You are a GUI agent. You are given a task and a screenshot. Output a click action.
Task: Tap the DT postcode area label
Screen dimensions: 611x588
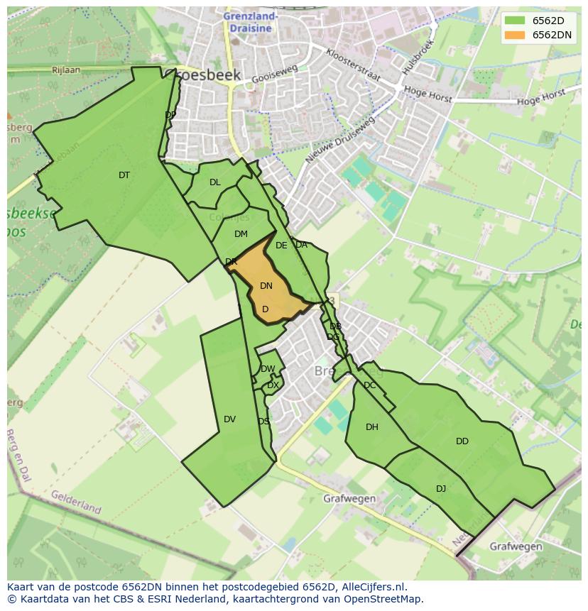[x=124, y=175]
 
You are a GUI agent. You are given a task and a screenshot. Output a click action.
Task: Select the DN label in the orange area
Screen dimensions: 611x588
[x=266, y=286]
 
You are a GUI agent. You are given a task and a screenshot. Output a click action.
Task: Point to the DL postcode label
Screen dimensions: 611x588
[x=215, y=182]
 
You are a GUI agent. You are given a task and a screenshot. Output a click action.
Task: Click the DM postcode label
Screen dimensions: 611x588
[x=241, y=234]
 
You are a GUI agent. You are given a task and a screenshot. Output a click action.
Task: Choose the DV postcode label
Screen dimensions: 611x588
[x=229, y=419]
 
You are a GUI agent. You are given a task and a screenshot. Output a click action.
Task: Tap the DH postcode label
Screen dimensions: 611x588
[x=372, y=427]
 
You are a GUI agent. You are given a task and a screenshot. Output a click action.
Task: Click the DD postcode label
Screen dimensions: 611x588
[x=462, y=441]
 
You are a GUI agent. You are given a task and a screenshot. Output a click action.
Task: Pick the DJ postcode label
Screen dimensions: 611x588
[x=441, y=489]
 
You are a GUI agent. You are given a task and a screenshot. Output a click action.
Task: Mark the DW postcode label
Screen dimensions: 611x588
[x=268, y=369]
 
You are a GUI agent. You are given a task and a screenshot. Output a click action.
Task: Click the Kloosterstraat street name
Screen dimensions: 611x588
[x=354, y=65]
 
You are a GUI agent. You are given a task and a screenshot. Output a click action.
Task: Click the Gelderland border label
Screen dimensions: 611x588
[x=76, y=502]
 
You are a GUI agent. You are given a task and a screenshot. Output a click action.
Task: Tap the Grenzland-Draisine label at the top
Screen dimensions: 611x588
[x=250, y=22]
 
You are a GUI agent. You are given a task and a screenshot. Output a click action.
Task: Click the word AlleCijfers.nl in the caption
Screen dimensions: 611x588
[x=371, y=587]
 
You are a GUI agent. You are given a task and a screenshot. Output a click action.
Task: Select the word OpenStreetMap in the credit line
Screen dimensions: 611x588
[x=384, y=599]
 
